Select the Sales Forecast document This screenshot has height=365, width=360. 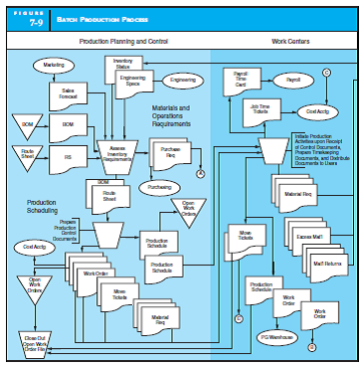(x=69, y=95)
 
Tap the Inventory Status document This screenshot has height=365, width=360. (x=123, y=65)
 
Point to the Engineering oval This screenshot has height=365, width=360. (x=183, y=80)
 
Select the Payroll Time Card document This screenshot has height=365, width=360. (x=242, y=81)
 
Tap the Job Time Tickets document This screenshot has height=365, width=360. (x=261, y=112)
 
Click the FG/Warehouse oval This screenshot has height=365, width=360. (x=273, y=338)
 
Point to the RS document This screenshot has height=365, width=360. (x=69, y=156)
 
